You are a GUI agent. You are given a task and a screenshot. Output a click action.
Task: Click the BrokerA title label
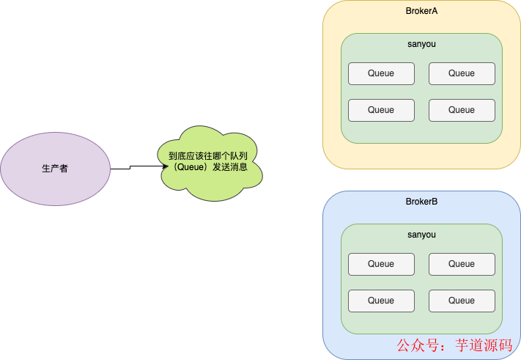tap(421, 11)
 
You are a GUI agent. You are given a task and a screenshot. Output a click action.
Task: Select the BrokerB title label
tap(421, 202)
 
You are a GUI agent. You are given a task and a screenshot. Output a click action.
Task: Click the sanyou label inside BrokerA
tap(421, 44)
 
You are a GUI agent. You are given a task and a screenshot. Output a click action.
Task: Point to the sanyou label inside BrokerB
tap(421, 235)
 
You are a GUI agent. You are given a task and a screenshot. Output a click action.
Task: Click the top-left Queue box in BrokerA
tap(381, 73)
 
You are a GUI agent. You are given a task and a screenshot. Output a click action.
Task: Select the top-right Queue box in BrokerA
tap(462, 73)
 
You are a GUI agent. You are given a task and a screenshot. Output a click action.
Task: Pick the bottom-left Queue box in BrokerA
tap(381, 110)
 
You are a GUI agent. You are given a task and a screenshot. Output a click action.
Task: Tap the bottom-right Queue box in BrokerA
tap(462, 110)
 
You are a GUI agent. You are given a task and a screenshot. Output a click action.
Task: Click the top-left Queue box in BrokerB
tap(381, 264)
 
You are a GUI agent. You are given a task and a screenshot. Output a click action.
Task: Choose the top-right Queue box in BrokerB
tap(462, 264)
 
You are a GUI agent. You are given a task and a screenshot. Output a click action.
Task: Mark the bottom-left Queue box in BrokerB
tap(381, 301)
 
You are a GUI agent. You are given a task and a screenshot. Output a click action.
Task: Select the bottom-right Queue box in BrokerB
tap(462, 301)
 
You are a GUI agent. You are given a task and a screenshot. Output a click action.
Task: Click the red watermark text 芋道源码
tap(484, 345)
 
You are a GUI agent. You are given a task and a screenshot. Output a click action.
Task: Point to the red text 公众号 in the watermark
tap(417, 345)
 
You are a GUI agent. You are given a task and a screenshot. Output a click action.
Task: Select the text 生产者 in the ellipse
tap(55, 169)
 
